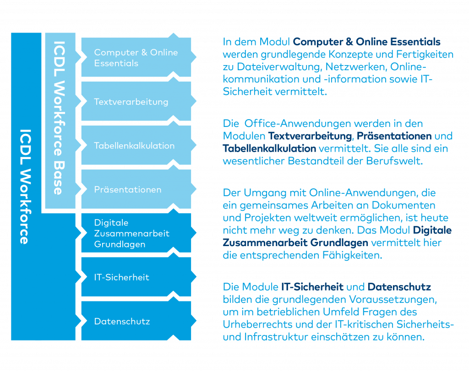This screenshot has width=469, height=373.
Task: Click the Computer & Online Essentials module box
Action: pos(136,57)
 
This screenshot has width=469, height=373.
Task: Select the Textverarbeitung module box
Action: pos(136,101)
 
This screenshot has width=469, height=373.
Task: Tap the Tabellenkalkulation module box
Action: pos(136,145)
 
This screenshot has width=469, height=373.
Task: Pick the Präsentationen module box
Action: pos(136,189)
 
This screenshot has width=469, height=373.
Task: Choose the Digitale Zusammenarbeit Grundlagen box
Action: pos(136,233)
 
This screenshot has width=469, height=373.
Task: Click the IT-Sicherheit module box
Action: pos(136,277)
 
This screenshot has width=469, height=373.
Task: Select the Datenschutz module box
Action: pos(136,321)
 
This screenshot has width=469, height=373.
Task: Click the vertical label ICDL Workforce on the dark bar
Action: pos(26,186)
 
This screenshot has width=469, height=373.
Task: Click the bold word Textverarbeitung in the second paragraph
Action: pos(310,136)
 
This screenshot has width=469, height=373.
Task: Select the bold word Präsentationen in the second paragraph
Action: pos(394,136)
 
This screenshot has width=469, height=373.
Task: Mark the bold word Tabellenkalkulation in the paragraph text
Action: pos(269,148)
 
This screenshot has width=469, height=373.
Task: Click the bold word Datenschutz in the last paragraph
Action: pos(399,287)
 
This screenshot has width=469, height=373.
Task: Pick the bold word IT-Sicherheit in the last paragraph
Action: pos(312,287)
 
